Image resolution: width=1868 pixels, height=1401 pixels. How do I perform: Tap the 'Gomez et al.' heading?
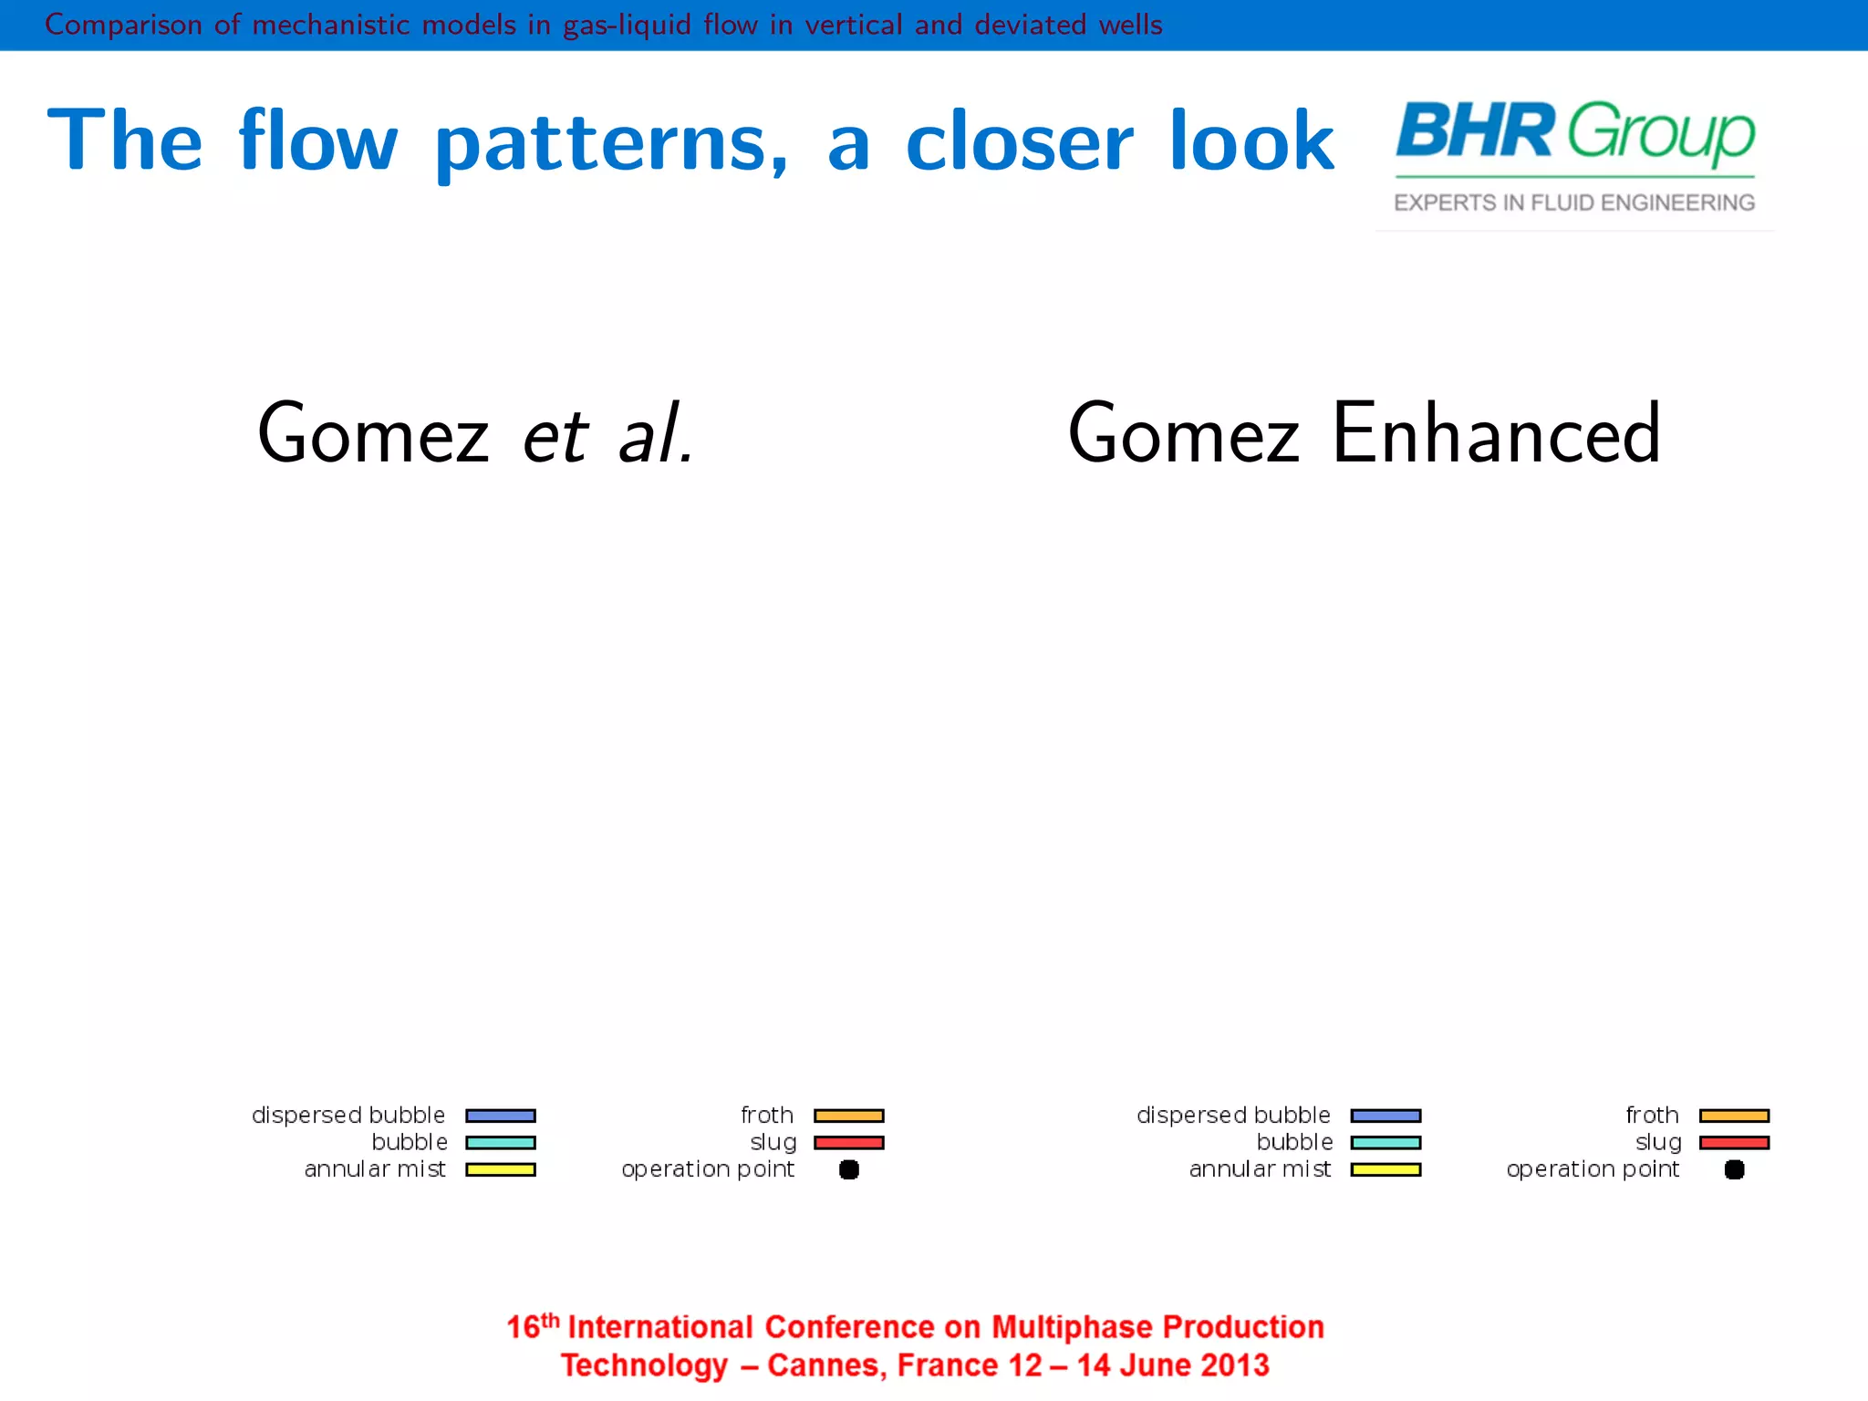point(474,434)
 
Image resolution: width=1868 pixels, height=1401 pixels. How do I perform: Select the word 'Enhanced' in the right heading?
point(1496,434)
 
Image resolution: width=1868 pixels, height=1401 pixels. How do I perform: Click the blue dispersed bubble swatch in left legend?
point(500,1116)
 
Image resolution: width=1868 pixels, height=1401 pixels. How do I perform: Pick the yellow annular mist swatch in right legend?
point(1385,1169)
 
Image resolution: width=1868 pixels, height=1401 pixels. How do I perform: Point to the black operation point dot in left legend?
point(848,1169)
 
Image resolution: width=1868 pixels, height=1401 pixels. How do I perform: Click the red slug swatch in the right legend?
point(1734,1143)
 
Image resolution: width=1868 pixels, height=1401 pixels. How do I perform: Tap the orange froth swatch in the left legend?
point(848,1116)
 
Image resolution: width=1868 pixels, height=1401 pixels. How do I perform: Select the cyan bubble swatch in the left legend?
point(500,1143)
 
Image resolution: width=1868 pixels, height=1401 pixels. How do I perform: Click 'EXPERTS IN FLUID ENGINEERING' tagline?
point(1574,202)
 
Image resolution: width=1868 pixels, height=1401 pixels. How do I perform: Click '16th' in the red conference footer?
point(532,1325)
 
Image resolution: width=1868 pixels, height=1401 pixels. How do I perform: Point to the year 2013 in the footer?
point(1235,1365)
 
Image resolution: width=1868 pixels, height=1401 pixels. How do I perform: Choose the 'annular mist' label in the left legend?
point(375,1169)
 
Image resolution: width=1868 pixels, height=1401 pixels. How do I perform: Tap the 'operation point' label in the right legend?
point(1593,1169)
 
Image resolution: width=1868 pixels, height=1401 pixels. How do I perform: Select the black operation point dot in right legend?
point(1734,1169)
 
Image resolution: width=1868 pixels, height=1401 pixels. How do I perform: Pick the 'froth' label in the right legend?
point(1652,1116)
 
